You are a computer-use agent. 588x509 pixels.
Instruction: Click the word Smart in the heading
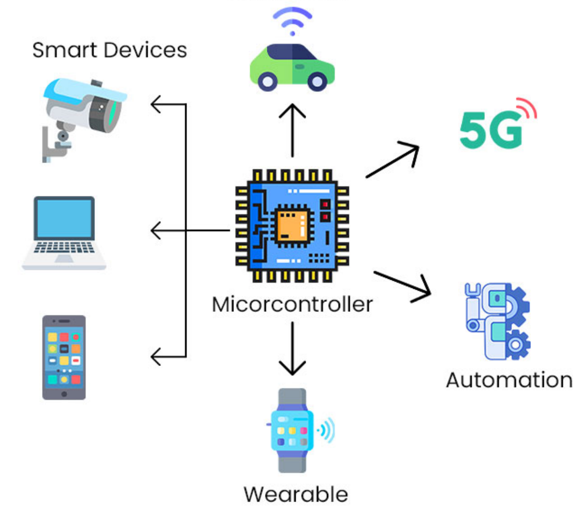pyautogui.click(x=65, y=50)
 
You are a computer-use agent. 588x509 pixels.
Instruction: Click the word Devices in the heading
pyautogui.click(x=145, y=50)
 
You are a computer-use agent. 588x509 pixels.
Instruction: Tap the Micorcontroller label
pyautogui.click(x=292, y=304)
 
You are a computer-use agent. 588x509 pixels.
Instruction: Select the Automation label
pyautogui.click(x=509, y=380)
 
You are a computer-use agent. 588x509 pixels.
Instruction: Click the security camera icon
pyautogui.click(x=84, y=119)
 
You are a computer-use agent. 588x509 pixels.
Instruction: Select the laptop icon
pyautogui.click(x=64, y=233)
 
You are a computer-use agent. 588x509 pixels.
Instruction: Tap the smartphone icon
pyautogui.click(x=64, y=357)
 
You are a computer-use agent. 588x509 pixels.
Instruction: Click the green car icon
pyautogui.click(x=292, y=67)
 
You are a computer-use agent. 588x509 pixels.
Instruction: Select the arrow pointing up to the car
pyautogui.click(x=292, y=130)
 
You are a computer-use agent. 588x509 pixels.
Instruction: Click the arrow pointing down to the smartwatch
pyautogui.click(x=292, y=349)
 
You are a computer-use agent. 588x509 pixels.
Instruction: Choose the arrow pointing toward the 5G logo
pyautogui.click(x=393, y=160)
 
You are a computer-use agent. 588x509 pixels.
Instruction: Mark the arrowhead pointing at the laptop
pyautogui.click(x=156, y=230)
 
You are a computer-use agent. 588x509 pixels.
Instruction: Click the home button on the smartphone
pyautogui.click(x=64, y=394)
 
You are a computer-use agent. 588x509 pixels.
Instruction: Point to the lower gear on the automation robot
pyautogui.click(x=515, y=345)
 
